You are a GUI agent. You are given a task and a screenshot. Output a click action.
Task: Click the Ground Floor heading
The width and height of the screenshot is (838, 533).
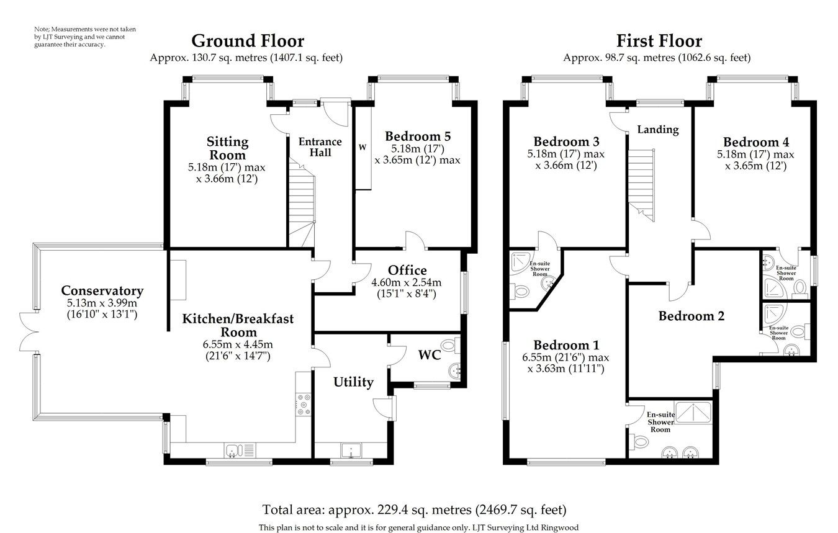tap(247, 42)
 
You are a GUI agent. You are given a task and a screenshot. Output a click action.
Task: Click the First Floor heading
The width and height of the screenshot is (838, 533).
tap(659, 42)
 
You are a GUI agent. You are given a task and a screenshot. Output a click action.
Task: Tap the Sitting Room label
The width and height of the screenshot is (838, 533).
tap(227, 148)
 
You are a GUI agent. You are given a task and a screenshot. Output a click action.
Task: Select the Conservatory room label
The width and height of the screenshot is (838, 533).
tap(102, 290)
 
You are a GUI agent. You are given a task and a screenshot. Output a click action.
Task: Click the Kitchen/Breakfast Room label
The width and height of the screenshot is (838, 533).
tap(238, 325)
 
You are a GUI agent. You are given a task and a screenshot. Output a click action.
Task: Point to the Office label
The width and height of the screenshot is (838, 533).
tap(407, 271)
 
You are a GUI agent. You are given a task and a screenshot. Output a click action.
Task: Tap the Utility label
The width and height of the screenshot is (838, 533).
tap(353, 382)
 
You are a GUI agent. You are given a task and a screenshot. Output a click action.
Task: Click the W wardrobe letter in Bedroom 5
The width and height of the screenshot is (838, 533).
tap(362, 148)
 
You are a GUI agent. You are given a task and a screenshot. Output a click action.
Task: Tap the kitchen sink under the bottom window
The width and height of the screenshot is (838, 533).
tap(234, 450)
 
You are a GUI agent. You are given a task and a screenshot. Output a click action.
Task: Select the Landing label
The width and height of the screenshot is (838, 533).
tap(658, 130)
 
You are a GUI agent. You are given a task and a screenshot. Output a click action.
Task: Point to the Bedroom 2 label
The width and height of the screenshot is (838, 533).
tap(692, 316)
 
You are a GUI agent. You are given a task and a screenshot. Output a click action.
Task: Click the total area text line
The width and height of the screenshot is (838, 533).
tap(414, 510)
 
